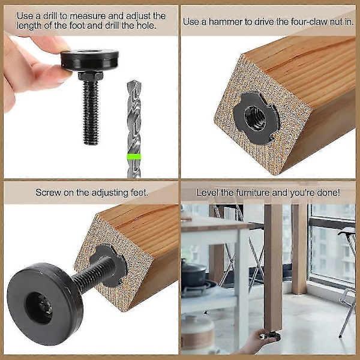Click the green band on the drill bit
click(134, 157)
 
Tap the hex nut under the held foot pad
click(90, 76)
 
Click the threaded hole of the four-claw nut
click(256, 118)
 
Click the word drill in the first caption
click(50, 16)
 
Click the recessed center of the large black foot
click(39, 308)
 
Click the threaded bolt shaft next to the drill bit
click(91, 113)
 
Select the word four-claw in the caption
click(309, 22)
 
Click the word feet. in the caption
click(139, 193)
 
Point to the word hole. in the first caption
click(147, 25)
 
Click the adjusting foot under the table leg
click(271, 335)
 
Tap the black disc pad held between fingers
click(89, 59)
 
